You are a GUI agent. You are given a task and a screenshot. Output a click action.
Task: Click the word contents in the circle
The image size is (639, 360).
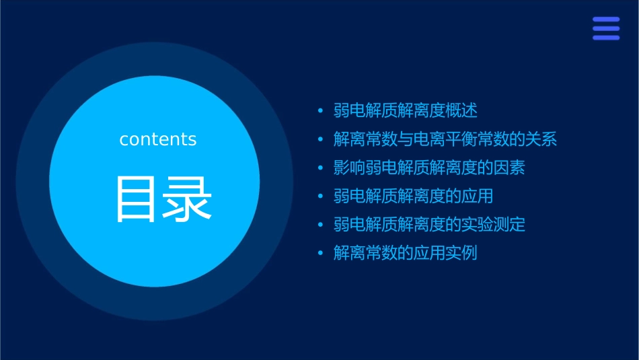(x=158, y=139)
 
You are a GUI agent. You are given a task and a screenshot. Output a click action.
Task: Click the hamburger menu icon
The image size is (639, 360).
(x=605, y=29)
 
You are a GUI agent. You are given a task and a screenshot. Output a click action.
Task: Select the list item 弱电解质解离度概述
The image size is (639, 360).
(x=406, y=110)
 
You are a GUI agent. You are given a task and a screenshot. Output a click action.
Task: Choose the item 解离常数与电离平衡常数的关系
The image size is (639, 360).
(x=445, y=139)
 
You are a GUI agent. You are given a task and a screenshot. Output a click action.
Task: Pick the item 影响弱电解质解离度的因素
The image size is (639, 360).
(x=429, y=168)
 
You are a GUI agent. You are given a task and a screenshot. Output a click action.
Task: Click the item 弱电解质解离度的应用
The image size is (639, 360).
(x=414, y=196)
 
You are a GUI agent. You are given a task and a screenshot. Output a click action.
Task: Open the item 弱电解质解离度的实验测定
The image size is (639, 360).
(x=429, y=225)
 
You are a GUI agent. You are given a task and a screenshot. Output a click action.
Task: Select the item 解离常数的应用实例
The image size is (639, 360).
(x=406, y=254)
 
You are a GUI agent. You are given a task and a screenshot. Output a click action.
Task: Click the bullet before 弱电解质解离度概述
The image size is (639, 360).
(x=321, y=111)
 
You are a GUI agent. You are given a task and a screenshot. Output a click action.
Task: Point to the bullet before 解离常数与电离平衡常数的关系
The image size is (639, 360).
(x=321, y=140)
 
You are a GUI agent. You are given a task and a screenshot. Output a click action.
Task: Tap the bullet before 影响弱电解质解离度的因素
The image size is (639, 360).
(x=321, y=168)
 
